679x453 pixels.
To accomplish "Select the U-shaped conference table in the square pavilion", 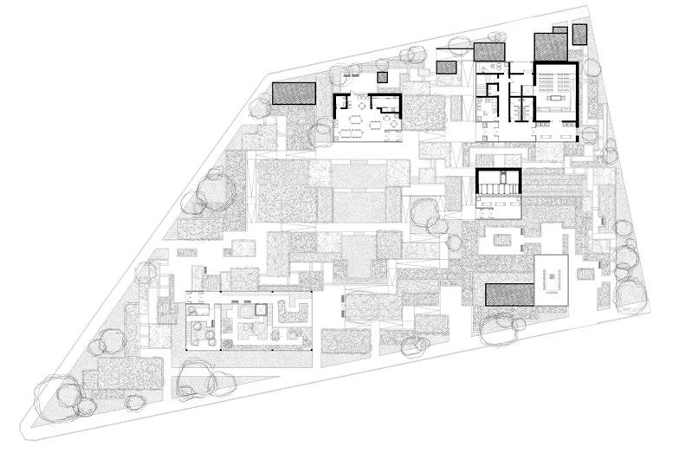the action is (551, 279).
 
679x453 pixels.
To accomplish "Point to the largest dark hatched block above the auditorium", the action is (551, 44).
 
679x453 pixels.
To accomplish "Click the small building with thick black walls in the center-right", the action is (499, 187).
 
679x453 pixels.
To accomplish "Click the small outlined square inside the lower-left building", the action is (258, 308).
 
